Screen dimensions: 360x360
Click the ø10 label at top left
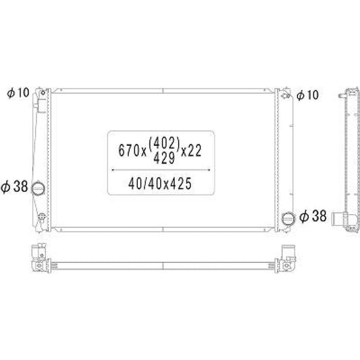[18, 93]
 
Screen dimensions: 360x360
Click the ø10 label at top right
[307, 95]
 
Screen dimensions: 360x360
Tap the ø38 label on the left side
[14, 186]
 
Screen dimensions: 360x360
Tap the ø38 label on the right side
[313, 216]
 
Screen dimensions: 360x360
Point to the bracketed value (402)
[164, 143]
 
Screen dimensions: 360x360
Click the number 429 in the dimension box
[164, 158]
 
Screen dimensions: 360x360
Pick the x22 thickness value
[191, 151]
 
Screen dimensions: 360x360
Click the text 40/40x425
[160, 184]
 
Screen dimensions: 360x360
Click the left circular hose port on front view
[37, 188]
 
